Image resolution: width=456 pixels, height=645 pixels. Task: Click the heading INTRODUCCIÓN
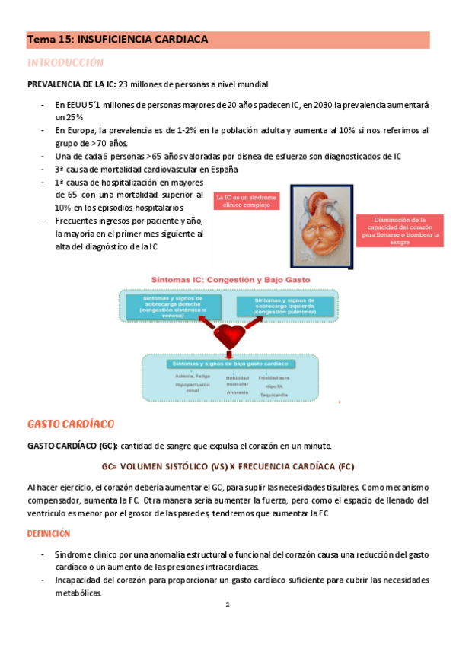tap(65, 62)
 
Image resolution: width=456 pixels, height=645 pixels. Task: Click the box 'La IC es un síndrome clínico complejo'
tap(247, 202)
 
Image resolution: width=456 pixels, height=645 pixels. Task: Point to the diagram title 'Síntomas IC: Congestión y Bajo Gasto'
tap(228, 280)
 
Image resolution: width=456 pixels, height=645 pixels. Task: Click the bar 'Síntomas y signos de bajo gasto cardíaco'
tap(228, 365)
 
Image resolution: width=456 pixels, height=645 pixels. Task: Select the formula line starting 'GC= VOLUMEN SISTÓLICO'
tap(228, 465)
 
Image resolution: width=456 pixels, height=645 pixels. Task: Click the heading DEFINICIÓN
tap(49, 534)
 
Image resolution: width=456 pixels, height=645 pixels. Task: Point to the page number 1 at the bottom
tap(228, 605)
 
